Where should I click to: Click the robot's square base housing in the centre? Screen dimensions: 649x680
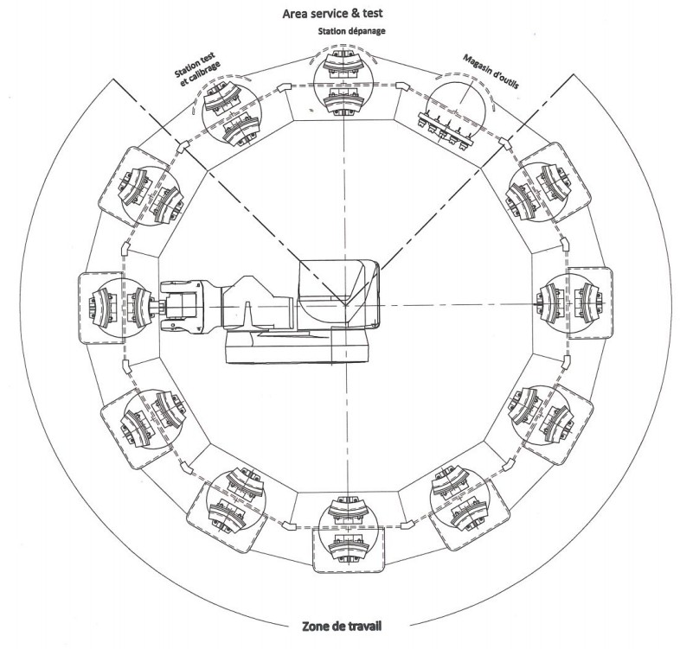[x=338, y=294]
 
